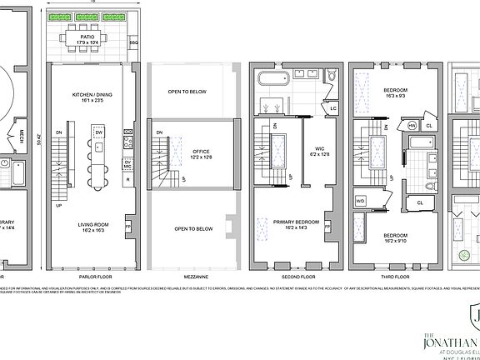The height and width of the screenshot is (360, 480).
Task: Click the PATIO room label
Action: coord(87,38)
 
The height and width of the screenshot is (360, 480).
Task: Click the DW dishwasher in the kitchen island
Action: coord(99,132)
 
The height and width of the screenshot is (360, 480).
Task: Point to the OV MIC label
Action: coord(127,164)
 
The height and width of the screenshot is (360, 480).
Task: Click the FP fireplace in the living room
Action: coord(128,225)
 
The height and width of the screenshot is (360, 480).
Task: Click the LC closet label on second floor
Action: coord(332,108)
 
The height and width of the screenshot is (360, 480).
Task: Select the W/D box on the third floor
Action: coord(360,201)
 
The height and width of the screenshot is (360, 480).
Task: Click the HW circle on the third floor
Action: coord(412,125)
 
